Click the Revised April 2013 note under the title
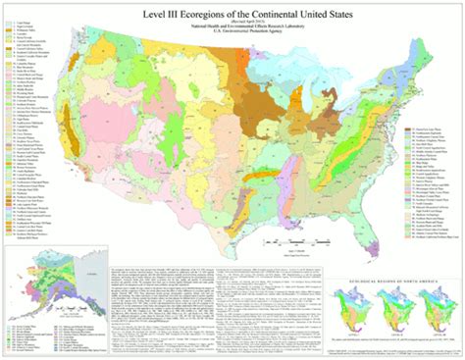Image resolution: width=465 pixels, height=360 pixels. pyautogui.click(x=232, y=22)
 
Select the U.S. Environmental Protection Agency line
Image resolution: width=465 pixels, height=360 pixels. pyautogui.click(x=232, y=33)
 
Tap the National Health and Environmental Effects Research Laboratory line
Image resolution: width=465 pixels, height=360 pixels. pyautogui.click(x=232, y=27)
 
